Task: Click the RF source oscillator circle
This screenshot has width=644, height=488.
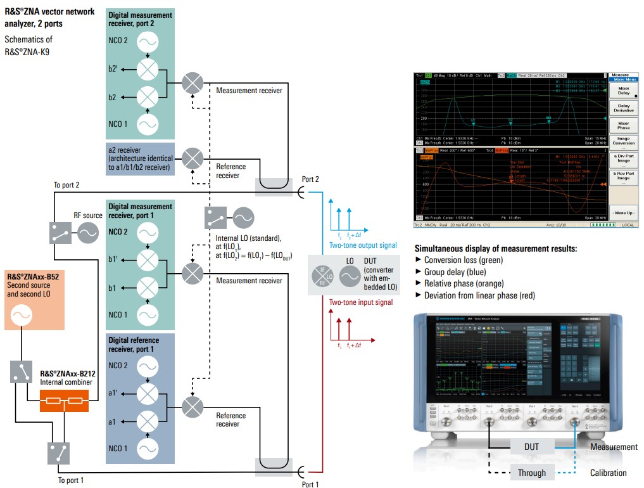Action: pos(87,233)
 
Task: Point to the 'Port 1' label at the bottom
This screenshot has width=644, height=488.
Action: pos(310,484)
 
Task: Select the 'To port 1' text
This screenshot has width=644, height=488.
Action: pos(71,480)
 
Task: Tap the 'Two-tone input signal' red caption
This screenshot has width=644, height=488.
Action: pos(361,302)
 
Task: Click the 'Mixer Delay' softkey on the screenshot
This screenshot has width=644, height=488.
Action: pos(623,89)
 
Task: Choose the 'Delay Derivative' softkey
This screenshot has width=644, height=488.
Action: pos(623,109)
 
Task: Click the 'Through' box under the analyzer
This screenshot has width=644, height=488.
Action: pos(531,473)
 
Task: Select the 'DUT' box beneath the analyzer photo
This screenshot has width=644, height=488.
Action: pos(531,447)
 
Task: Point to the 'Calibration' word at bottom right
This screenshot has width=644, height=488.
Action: pos(608,473)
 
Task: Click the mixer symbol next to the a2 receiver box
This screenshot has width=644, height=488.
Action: pos(193,158)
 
